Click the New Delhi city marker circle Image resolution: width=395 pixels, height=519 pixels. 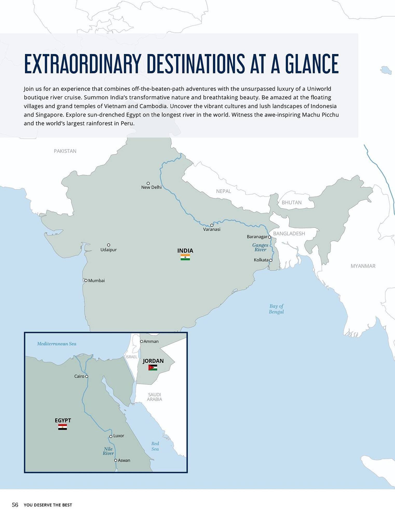(148, 183)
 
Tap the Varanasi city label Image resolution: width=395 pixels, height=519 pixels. (212, 229)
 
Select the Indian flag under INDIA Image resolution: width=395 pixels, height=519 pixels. (185, 257)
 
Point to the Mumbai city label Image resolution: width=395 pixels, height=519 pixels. (96, 281)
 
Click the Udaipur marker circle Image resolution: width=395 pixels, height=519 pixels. (109, 245)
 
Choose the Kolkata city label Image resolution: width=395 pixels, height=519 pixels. (261, 260)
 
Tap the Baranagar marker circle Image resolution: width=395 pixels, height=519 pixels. (269, 237)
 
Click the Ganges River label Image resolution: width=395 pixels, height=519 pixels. (260, 247)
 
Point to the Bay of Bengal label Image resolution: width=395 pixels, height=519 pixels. (276, 309)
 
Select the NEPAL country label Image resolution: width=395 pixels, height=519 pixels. (223, 191)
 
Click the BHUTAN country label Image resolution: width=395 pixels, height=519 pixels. (291, 203)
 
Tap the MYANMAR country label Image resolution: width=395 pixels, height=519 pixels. (363, 266)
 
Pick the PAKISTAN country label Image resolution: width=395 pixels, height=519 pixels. (65, 151)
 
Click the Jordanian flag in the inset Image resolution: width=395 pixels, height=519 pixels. (153, 367)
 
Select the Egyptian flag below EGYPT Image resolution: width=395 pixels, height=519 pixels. (63, 427)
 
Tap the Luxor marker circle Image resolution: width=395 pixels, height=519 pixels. (111, 436)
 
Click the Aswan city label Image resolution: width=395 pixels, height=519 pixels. (124, 460)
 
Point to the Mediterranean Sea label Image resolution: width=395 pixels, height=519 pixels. (57, 344)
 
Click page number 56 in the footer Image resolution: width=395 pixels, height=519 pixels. (15, 505)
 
